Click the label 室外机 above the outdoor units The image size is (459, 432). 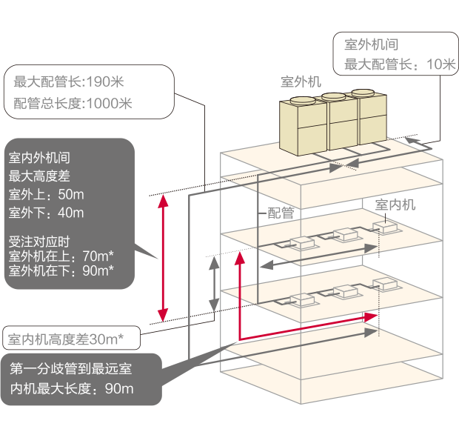tap(301, 82)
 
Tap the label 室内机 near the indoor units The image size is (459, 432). tap(395, 204)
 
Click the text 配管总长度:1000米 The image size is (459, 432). tap(73, 103)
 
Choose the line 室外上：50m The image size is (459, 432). tap(46, 195)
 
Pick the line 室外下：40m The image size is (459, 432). tap(46, 213)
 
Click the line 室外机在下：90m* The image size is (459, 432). tap(61, 271)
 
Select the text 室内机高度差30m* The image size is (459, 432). tap(65, 339)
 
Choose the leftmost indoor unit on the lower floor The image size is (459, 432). tap(302, 300)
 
